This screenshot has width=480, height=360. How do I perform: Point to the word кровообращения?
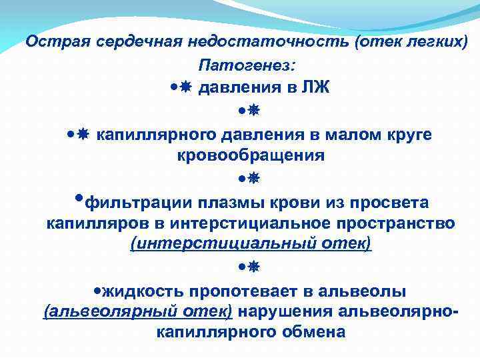coord(251,156)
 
